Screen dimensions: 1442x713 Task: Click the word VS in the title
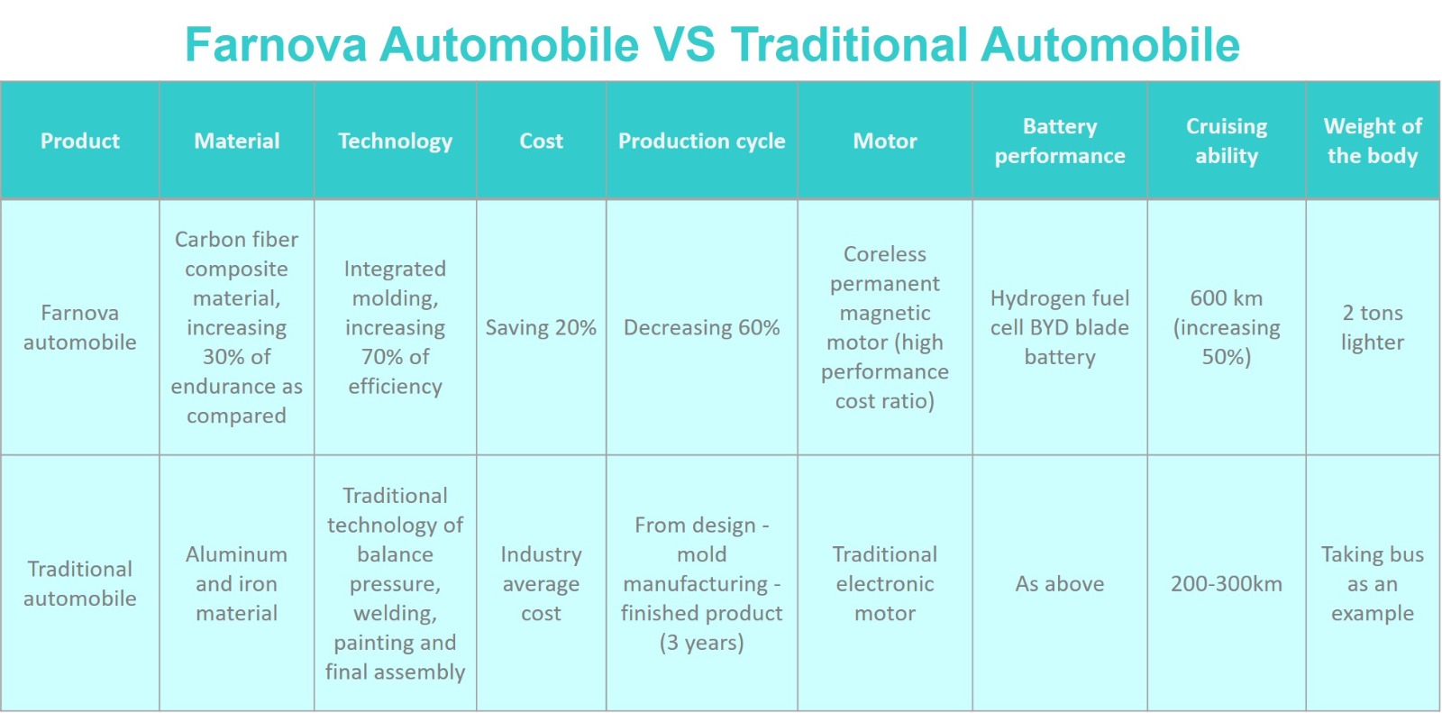684,45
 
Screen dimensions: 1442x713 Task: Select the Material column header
237,141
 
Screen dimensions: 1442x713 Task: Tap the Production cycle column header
702,141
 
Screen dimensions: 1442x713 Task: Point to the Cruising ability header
1227,141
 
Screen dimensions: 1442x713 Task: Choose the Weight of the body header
1373,141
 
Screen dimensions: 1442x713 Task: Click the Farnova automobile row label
80,327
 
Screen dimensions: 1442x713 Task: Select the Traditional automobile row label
80,583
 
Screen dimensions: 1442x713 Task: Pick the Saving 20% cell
541,327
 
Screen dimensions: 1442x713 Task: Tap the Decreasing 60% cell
702,327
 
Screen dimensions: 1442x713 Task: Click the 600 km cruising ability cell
1227,327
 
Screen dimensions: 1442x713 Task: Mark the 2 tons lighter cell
1373,327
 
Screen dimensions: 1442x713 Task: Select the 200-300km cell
1227,583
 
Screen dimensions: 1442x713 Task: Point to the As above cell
1060,583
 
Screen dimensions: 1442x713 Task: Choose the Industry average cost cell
541,583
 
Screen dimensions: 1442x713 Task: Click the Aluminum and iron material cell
237,583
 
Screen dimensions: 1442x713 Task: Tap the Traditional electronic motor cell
884,583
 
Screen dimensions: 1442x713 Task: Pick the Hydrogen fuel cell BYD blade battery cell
1060,327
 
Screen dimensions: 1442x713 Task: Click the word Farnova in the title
276,45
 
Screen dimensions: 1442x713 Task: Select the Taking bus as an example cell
1373,583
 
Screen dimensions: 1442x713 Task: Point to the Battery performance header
1060,141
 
